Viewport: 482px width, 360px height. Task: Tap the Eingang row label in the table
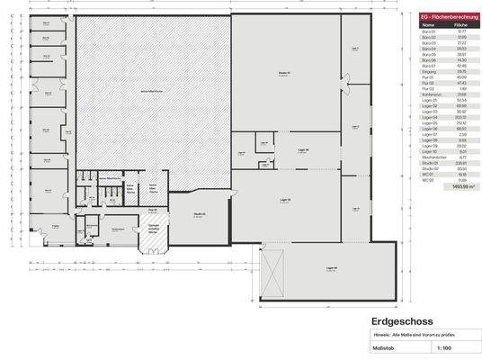pyautogui.click(x=428, y=70)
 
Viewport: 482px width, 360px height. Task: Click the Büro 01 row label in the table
pyautogui.click(x=428, y=31)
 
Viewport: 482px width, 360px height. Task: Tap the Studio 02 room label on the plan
pyautogui.click(x=199, y=213)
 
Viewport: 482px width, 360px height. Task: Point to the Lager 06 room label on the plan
pyautogui.click(x=303, y=150)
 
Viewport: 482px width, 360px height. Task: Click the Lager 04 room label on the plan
pyautogui.click(x=332, y=267)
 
